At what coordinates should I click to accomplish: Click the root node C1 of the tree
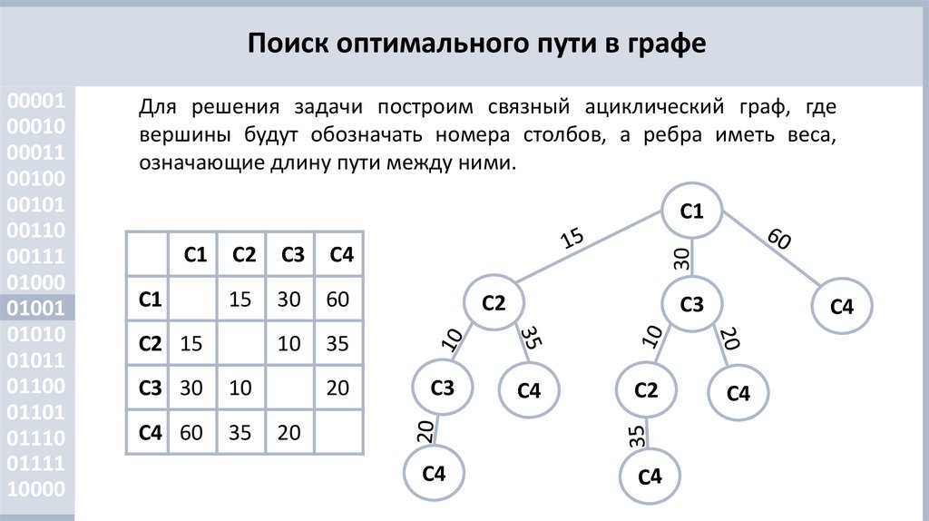(x=691, y=211)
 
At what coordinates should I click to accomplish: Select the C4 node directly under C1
(x=843, y=307)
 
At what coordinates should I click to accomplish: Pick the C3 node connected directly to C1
(x=691, y=305)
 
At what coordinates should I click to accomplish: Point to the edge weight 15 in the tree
(x=572, y=240)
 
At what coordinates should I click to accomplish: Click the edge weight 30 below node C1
(x=682, y=257)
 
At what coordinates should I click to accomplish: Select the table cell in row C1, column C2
(x=240, y=300)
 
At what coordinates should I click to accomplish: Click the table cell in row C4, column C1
(x=191, y=432)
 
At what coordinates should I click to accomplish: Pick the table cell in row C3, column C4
(x=337, y=388)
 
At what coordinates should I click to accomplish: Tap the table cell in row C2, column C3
(x=288, y=344)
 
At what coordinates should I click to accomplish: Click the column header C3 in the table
(x=292, y=255)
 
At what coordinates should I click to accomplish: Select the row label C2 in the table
(x=149, y=344)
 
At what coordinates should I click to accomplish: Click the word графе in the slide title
(x=661, y=44)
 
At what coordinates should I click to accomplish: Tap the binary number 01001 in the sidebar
(x=36, y=309)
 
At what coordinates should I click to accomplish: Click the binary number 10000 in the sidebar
(x=36, y=491)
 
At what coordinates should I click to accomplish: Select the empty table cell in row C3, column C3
(x=288, y=388)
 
